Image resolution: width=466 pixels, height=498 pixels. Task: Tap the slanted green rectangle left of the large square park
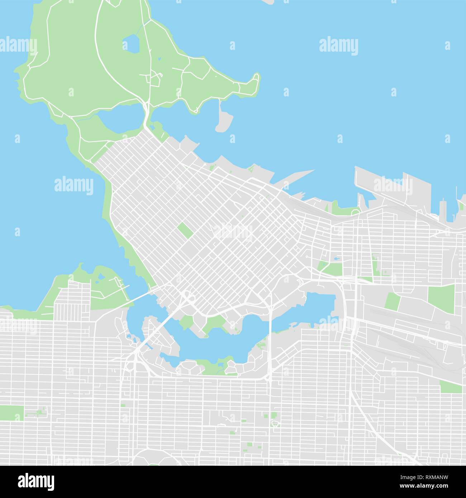click(x=393, y=301)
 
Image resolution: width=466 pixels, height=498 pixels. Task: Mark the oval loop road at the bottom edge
click(x=154, y=457)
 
